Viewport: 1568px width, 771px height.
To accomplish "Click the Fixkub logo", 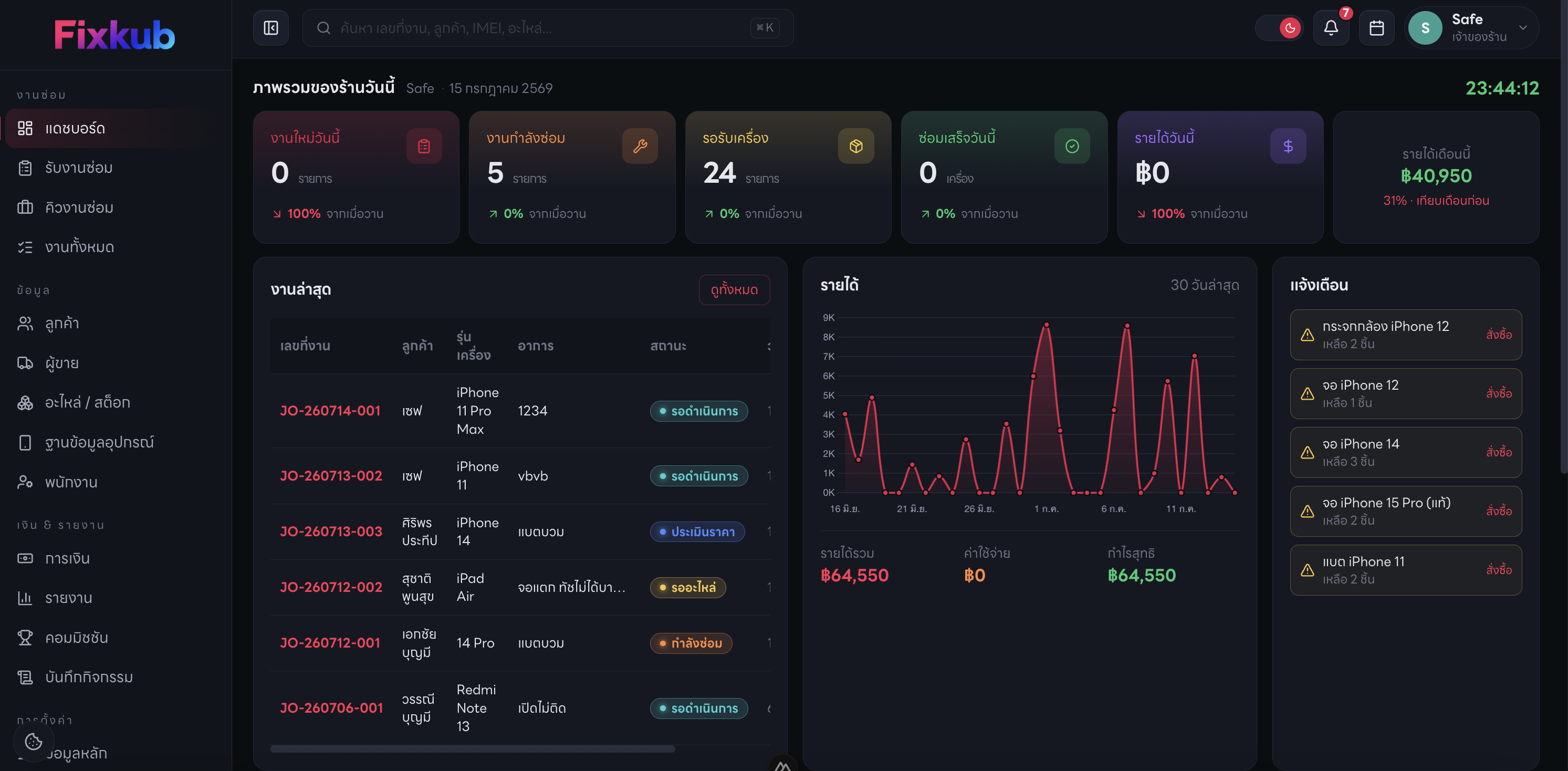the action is [114, 35].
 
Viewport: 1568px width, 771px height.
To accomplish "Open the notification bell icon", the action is [1331, 28].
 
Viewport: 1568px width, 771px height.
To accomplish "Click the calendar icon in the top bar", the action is [1376, 28].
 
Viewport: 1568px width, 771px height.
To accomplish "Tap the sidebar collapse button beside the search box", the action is [271, 28].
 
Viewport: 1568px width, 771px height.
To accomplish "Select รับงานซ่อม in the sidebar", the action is [79, 168].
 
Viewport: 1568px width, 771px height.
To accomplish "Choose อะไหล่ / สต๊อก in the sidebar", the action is [87, 402].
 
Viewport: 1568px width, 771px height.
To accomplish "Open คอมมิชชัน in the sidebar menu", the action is [76, 638].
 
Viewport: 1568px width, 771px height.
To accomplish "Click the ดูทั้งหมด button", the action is [734, 290].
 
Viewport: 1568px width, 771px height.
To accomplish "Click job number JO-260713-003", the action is [331, 532].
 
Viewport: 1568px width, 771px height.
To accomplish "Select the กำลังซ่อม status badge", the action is [691, 643].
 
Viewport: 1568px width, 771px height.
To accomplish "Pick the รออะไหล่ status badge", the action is [688, 588].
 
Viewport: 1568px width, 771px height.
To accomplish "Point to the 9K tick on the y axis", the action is [829, 318].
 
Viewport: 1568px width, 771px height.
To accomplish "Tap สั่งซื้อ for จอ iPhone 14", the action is [1499, 452].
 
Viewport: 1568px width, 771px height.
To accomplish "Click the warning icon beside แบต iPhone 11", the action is [1307, 570].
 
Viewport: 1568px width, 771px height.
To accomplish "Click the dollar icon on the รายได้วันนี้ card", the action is [1288, 146].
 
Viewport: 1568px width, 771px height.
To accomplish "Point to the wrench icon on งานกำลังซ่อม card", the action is [640, 146].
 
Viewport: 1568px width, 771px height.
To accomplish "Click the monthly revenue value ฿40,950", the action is [1436, 176].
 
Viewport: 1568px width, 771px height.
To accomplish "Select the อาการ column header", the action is [536, 346].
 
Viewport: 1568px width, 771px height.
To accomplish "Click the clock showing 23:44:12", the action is [1502, 88].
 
